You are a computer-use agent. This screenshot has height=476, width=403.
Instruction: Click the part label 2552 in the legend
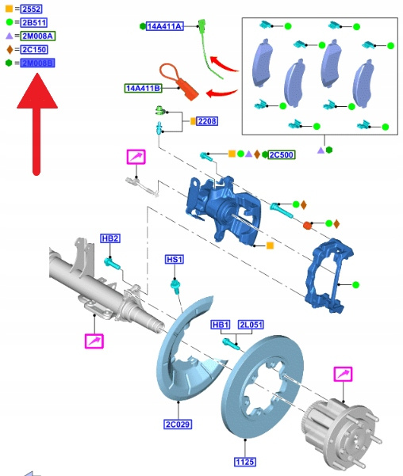pos(31,9)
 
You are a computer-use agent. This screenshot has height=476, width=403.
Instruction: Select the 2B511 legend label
pos(34,22)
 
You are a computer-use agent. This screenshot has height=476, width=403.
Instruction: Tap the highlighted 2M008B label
pos(37,63)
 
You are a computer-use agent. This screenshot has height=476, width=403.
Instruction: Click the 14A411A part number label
pos(164,26)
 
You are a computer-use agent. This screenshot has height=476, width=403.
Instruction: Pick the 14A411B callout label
pos(143,89)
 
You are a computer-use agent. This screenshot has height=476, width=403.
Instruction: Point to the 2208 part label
pos(207,121)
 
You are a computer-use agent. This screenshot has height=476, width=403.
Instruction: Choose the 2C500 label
pos(282,154)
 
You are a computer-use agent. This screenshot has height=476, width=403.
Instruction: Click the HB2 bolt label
pos(110,238)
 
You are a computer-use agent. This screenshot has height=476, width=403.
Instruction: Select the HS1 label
pos(175,260)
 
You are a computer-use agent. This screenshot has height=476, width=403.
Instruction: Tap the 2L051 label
pos(251,325)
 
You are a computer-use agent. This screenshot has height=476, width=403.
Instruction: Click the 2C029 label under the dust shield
pos(178,424)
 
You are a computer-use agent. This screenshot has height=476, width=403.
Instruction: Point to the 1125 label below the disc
pos(245,462)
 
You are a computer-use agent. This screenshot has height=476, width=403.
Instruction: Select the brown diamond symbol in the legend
pos(10,49)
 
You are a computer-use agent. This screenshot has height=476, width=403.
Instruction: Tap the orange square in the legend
pos(10,9)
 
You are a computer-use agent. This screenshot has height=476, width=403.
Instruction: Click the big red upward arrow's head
pos(37,91)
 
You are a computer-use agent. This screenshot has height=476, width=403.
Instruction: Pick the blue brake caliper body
pos(224,208)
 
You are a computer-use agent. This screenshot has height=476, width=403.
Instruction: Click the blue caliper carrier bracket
pos(329,275)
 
